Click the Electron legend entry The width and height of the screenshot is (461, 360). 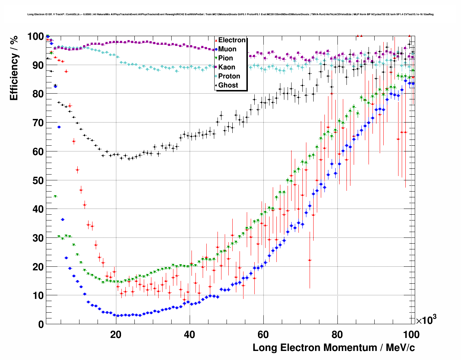pyautogui.click(x=232, y=40)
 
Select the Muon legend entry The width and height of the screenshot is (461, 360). pyautogui.click(x=227, y=49)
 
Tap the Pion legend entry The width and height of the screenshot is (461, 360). pyautogui.click(x=225, y=58)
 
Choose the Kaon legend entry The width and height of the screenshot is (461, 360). pyautogui.click(x=227, y=67)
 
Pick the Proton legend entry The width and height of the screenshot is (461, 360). pyautogui.click(x=229, y=76)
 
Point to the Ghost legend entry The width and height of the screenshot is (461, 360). pyautogui.click(x=228, y=85)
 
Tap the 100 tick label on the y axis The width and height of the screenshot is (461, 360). pyautogui.click(x=36, y=37)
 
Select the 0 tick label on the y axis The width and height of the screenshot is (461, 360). pyautogui.click(x=41, y=325)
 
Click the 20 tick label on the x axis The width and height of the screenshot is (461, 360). pyautogui.click(x=116, y=335)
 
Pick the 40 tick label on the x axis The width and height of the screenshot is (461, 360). pyautogui.click(x=189, y=335)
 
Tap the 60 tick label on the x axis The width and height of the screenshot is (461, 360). pyautogui.click(x=263, y=335)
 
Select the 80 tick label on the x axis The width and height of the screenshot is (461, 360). pyautogui.click(x=337, y=335)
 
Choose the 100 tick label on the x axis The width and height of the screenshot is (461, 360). pyautogui.click(x=411, y=335)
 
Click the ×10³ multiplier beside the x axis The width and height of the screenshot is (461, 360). pyautogui.click(x=426, y=320)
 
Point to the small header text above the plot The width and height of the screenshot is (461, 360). pyautogui.click(x=230, y=14)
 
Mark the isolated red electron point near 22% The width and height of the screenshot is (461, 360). pyautogui.click(x=310, y=260)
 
